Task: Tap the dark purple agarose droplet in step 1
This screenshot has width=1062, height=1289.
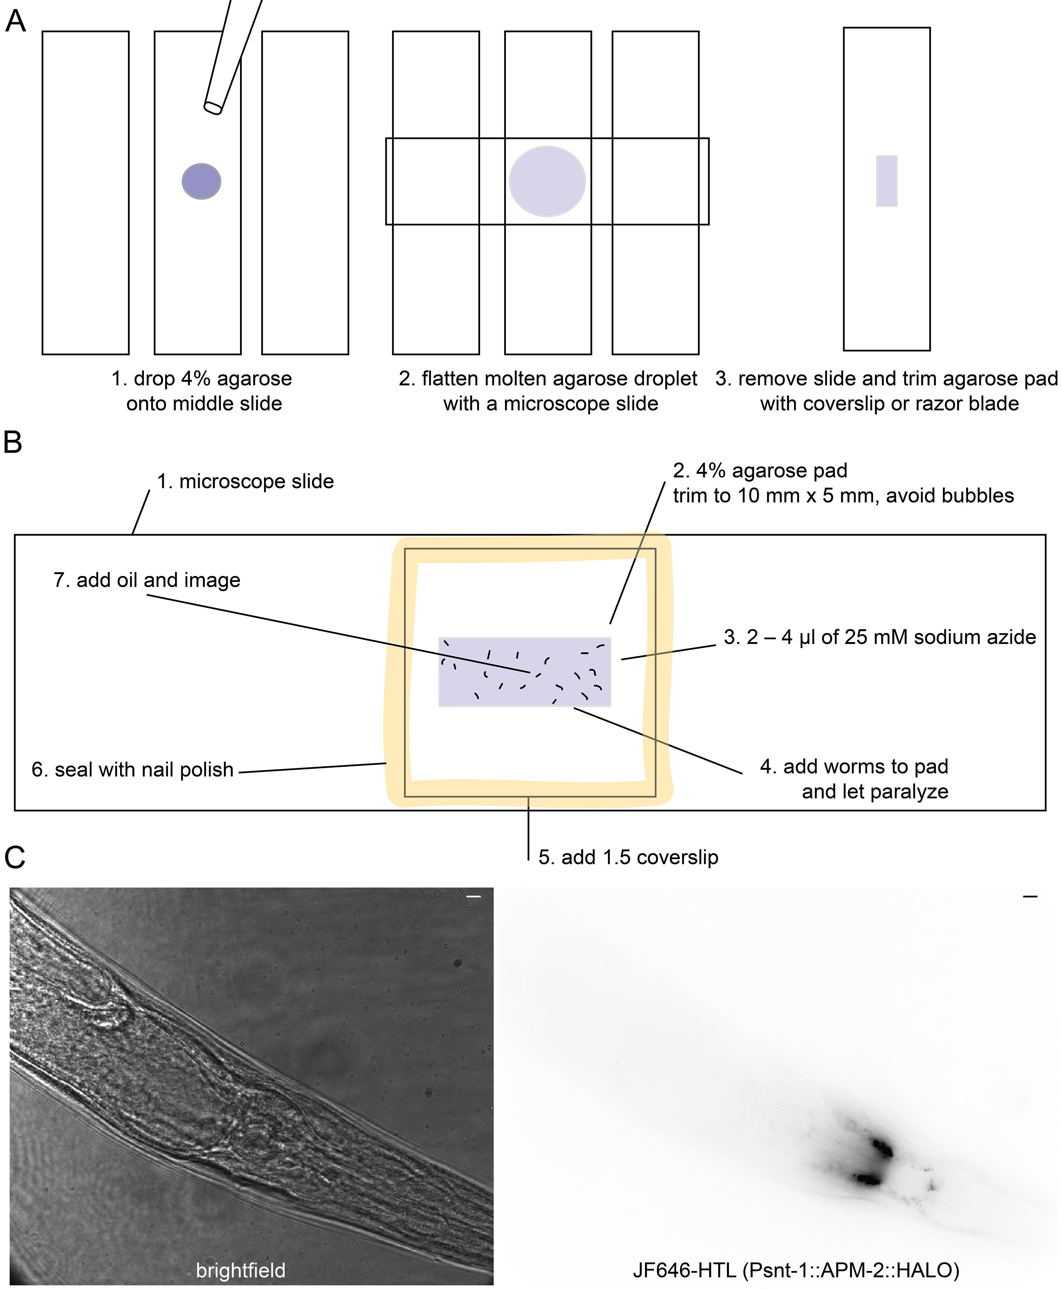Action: (x=201, y=181)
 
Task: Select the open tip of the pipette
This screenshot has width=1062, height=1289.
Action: (x=213, y=107)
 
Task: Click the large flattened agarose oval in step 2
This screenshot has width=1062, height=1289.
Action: (x=548, y=181)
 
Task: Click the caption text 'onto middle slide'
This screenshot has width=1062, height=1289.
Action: (x=204, y=404)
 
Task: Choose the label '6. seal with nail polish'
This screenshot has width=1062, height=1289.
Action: (x=133, y=769)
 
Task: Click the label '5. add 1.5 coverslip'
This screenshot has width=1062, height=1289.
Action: (x=628, y=858)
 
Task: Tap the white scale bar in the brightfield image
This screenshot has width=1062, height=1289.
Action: (x=473, y=897)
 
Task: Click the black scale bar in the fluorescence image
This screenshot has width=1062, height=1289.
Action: (x=1030, y=897)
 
